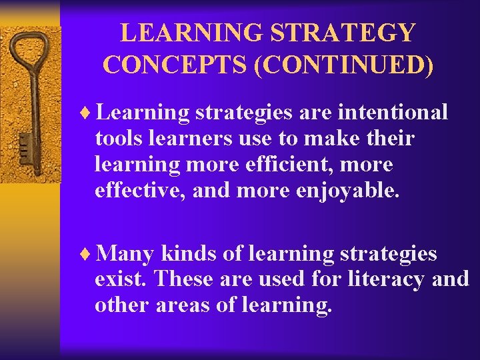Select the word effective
(x=140, y=191)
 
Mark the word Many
(x=125, y=254)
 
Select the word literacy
(x=388, y=279)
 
